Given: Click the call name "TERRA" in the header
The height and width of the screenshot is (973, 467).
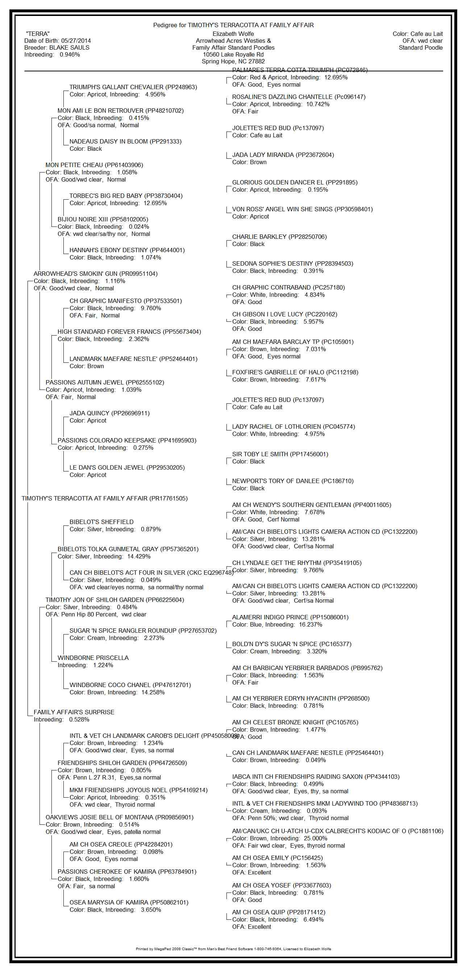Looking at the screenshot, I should pos(38,34).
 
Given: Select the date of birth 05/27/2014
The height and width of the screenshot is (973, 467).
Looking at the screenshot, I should pos(76,41).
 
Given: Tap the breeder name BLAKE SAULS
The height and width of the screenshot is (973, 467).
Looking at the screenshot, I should pos(70,47).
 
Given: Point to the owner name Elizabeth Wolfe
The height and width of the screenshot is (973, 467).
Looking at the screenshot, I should pos(233,34).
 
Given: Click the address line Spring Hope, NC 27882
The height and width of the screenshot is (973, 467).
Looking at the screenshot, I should pos(233,62).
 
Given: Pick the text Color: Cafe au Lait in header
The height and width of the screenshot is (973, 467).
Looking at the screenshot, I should pos(417,34).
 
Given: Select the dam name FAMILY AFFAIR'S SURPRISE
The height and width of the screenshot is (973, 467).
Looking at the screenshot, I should pos(74,712).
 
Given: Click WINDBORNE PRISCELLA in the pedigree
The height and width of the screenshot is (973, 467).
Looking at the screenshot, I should pos(93,658).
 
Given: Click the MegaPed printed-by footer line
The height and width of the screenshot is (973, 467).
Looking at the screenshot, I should pos(233,949).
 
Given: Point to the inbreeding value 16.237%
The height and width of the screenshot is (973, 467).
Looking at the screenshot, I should pos(311,625).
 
